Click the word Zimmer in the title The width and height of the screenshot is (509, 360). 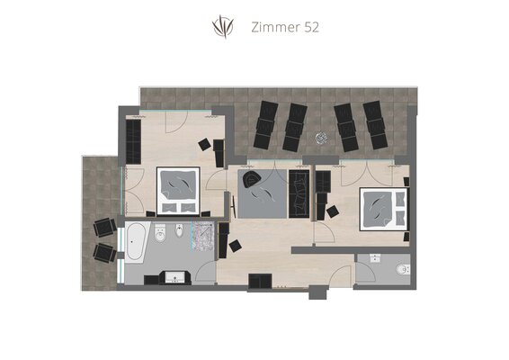(276, 27)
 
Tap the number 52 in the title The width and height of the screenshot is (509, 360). (312, 27)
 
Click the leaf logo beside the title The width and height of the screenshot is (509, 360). (223, 27)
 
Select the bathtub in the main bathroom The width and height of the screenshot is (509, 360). (135, 241)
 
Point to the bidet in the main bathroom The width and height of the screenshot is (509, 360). (179, 231)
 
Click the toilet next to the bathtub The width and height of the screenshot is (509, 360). (160, 233)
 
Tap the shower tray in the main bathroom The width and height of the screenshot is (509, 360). (203, 236)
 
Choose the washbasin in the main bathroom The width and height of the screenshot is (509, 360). (175, 277)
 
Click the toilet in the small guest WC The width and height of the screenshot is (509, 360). (404, 269)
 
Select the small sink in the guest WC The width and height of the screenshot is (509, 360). (375, 258)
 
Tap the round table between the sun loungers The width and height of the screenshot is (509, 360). (321, 138)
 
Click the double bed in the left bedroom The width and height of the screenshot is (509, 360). (178, 191)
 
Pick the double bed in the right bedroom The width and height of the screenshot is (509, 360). (384, 209)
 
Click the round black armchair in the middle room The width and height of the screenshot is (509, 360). (252, 179)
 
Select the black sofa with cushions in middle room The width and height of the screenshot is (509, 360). (299, 193)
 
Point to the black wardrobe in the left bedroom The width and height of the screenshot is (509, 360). (133, 142)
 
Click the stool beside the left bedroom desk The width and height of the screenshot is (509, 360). (205, 144)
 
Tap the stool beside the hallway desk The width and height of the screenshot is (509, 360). (235, 246)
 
